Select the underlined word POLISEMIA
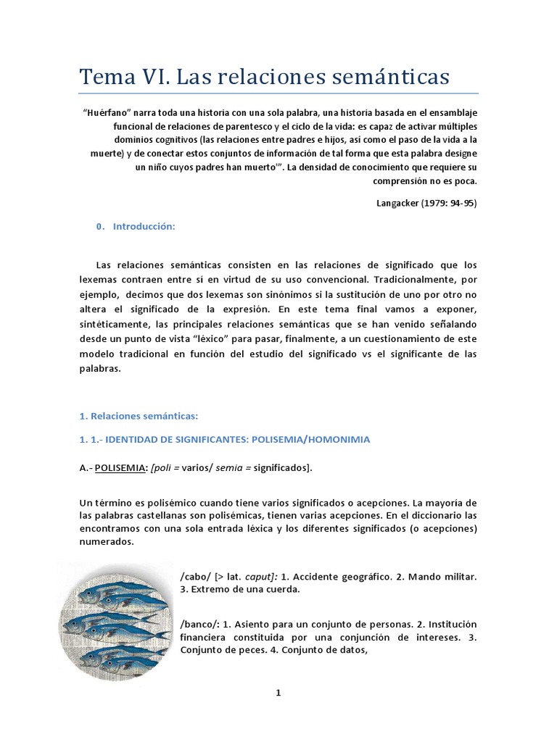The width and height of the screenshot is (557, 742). pos(121,468)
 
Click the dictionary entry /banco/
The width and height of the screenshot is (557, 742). pos(197,623)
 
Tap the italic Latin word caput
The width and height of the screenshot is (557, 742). pos(257,576)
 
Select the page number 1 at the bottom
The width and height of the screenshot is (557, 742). pos(278,693)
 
